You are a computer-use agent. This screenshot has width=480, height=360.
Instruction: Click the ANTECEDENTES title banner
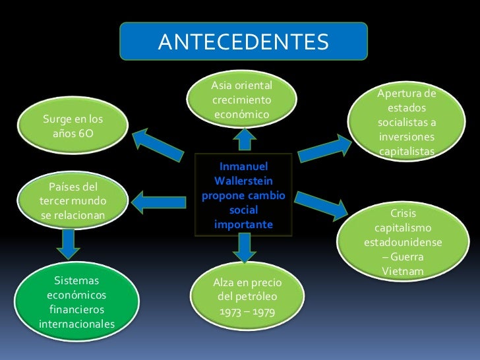pos(243,42)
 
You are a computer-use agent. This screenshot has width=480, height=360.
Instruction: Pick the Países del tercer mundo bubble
pos(73,200)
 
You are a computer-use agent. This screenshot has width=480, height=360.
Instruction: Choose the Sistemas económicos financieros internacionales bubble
pos(76,303)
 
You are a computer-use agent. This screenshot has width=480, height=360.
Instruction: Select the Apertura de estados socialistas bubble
pos(407,123)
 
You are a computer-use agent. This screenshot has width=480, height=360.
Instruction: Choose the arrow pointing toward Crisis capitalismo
pos(324,204)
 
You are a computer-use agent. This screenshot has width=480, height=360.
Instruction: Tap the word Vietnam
pos(403,272)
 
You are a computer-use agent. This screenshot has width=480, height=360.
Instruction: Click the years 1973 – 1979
pos(247,309)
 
